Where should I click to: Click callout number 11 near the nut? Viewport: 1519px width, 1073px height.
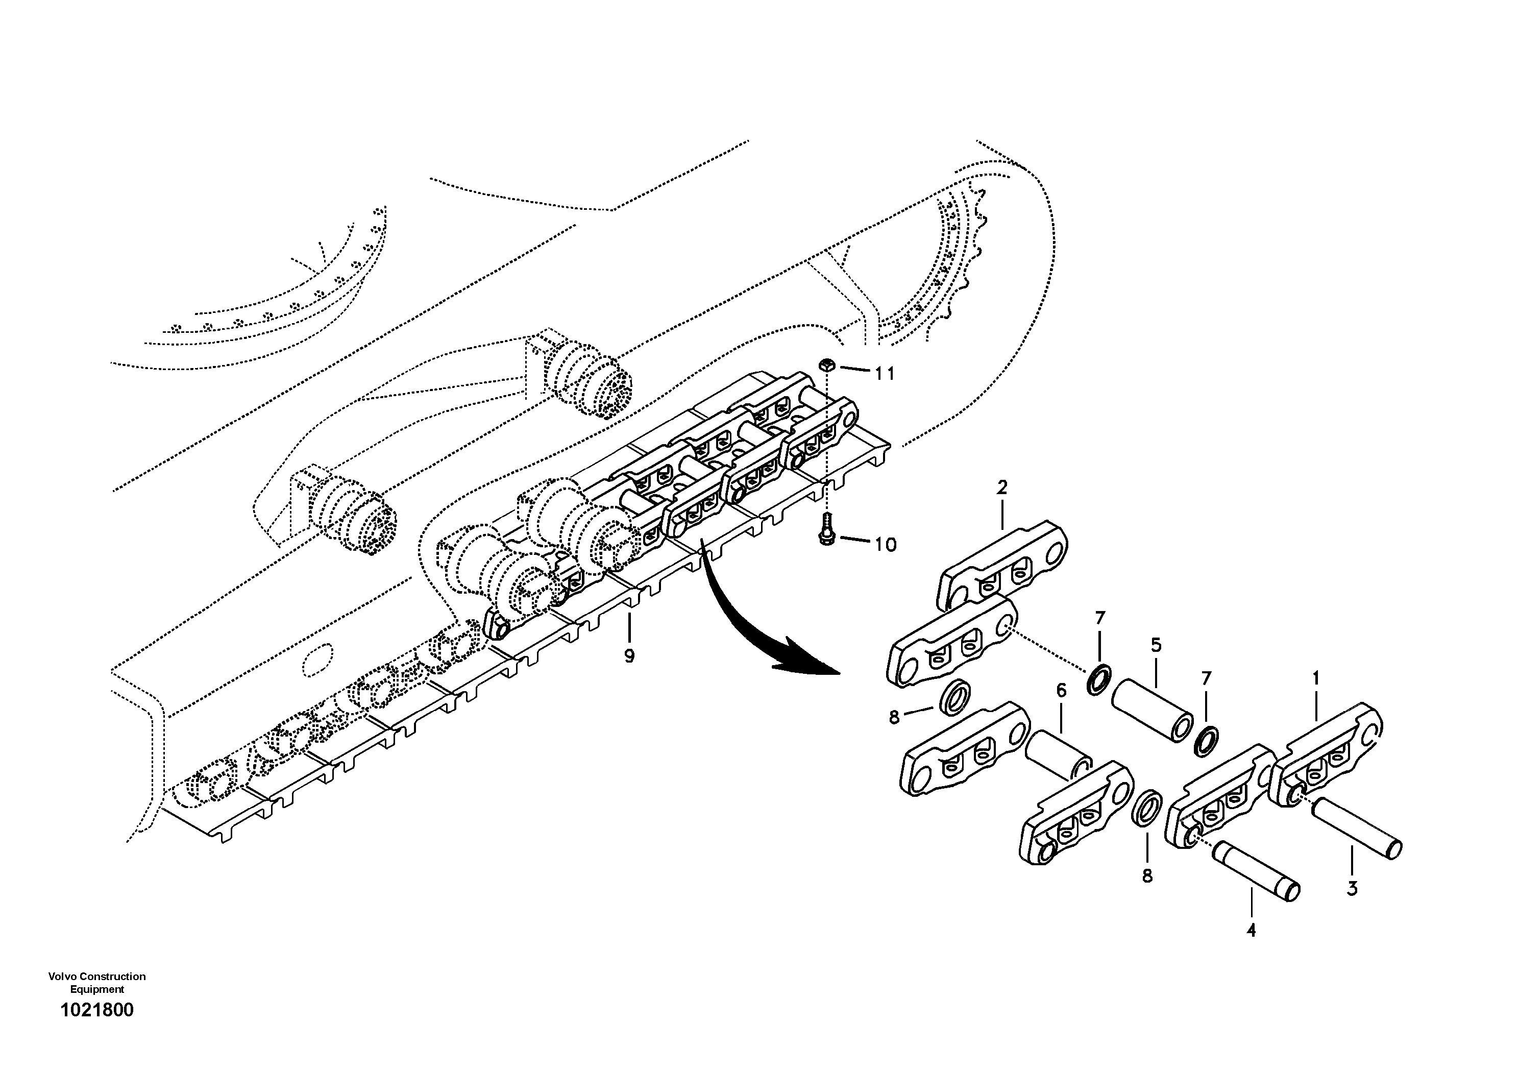click(885, 374)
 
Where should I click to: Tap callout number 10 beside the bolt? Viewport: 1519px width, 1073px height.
click(885, 545)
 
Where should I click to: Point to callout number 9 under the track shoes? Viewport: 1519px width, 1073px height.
click(629, 656)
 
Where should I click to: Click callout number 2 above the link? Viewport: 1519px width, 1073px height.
click(1001, 487)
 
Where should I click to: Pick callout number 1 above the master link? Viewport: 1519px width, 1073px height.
click(1316, 678)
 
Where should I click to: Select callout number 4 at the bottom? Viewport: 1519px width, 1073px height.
click(1251, 931)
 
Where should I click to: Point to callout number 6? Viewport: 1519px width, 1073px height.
click(1061, 691)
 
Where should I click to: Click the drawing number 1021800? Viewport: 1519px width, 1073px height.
click(96, 1010)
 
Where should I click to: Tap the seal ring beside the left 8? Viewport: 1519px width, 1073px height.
click(953, 697)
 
